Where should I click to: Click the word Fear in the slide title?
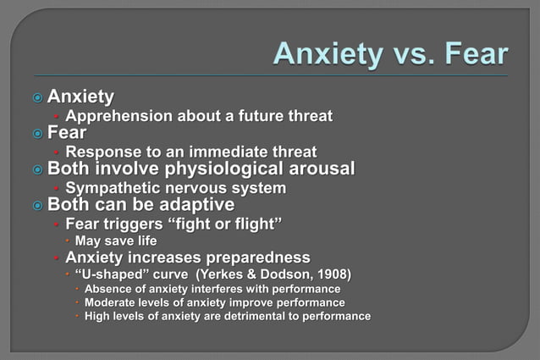(x=470, y=53)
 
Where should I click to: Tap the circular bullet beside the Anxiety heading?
(x=36, y=97)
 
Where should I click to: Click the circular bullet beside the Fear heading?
(x=36, y=134)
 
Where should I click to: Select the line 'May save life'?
(x=116, y=241)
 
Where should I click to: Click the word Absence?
(x=110, y=289)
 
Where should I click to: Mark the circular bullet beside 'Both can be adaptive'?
(x=36, y=206)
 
